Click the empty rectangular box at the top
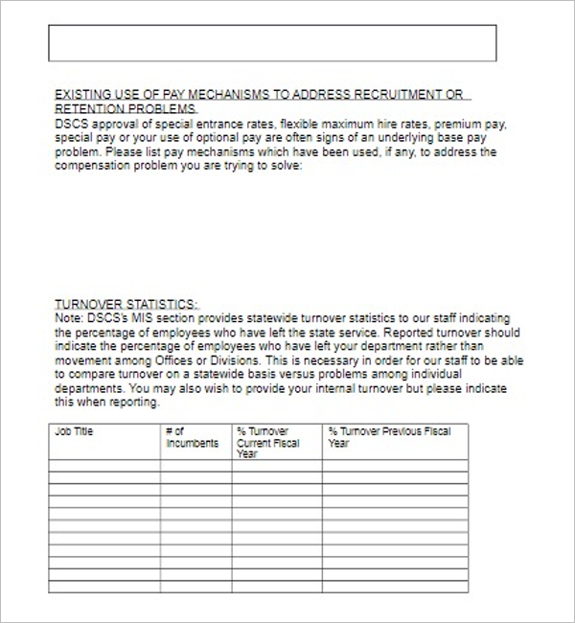point(272,43)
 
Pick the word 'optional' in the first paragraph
point(219,138)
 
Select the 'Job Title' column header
point(76,432)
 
